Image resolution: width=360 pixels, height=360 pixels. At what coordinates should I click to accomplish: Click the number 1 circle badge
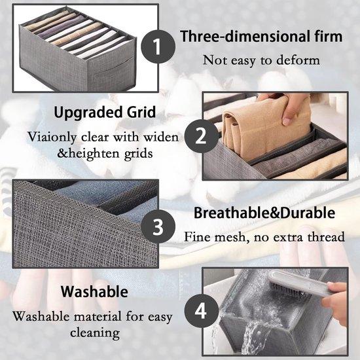pos(158,46)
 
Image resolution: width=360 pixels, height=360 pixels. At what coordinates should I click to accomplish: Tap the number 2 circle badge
pos(202,136)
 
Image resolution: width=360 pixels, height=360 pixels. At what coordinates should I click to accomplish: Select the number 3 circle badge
pos(158,226)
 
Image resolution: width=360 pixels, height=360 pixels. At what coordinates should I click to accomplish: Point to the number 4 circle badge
pos(202,311)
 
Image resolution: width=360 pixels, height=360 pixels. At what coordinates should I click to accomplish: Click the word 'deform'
pos(298,60)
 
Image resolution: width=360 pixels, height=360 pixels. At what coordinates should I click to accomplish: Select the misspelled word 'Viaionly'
pos(52,137)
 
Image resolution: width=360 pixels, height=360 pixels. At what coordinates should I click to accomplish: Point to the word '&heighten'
pos(88,153)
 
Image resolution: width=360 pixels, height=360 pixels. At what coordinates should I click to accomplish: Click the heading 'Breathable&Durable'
pos(264,213)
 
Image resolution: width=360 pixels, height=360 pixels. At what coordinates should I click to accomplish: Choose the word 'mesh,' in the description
pos(230,237)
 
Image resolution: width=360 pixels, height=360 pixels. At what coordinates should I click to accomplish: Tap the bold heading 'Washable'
pos(95,291)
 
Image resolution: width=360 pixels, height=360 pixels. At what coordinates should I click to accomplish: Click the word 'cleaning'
pos(95,333)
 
